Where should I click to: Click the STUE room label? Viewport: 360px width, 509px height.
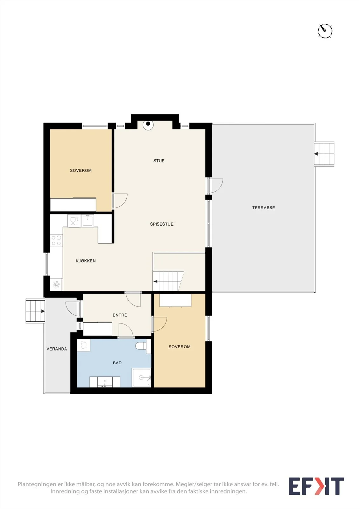pos(159,161)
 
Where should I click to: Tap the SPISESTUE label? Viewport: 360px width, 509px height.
pos(162,224)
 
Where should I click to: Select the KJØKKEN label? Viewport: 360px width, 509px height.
pos(86,261)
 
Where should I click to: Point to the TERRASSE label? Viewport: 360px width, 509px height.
pos(264,208)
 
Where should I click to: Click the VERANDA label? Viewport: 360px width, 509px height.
pos(57,349)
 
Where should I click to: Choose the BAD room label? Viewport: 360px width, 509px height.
pos(117,363)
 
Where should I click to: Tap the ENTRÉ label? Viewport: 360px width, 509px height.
pos(120,315)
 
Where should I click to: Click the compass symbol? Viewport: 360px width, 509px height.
pos(325,31)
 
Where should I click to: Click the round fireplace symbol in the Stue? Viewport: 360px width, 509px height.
pos(148,124)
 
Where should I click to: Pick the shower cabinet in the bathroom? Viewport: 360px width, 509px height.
pos(141,377)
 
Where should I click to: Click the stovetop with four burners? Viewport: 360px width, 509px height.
pos(56,241)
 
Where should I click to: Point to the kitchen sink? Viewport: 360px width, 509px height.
pos(88,220)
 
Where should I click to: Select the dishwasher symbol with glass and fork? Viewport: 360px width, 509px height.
pos(74,221)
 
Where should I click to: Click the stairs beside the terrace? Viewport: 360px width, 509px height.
pos(324,154)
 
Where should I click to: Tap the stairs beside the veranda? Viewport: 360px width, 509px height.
pos(35,311)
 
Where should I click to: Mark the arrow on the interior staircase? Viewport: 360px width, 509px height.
pos(156,282)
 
